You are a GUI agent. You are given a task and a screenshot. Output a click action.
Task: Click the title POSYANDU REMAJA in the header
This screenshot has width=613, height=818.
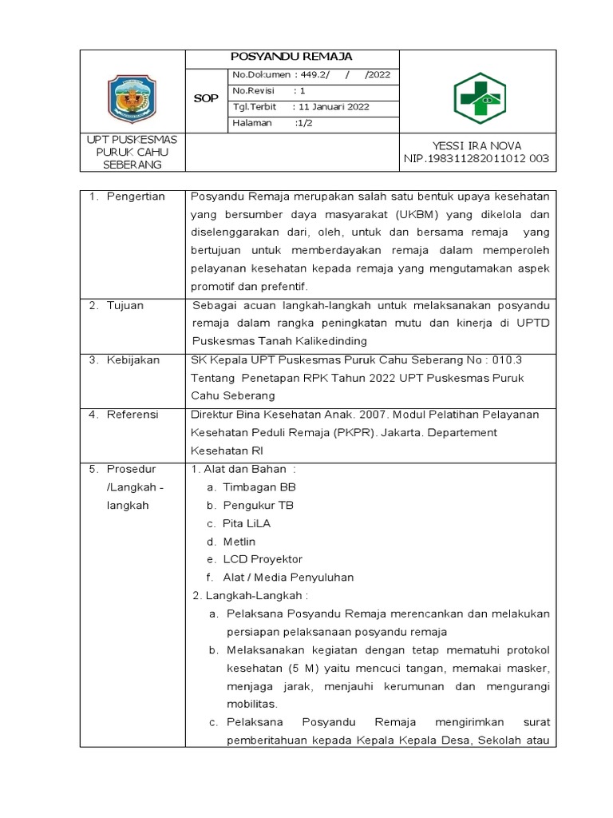point(291,57)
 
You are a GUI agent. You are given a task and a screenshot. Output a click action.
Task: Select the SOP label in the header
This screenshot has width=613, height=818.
point(206,98)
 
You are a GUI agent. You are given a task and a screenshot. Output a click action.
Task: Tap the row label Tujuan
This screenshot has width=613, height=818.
point(127,305)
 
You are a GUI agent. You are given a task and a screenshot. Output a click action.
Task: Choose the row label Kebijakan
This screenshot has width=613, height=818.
point(133,359)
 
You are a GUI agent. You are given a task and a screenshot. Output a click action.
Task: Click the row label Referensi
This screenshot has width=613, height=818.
point(132,414)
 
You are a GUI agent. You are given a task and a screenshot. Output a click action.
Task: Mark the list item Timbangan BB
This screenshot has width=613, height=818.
point(259,486)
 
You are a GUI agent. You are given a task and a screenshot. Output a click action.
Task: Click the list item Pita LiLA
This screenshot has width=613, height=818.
point(247,522)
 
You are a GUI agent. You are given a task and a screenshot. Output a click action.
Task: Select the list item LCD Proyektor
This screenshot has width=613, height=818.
point(263,559)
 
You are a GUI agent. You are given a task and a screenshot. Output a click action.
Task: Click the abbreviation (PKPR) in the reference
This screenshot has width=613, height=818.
point(339,432)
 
